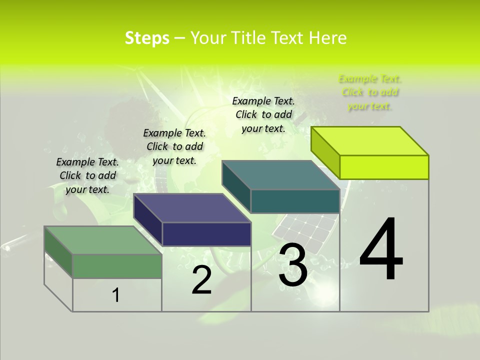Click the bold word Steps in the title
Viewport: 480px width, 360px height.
point(147,38)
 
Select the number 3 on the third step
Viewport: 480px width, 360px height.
point(293,265)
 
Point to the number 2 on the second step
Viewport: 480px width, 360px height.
point(201,280)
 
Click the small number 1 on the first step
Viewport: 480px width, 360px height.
point(116,295)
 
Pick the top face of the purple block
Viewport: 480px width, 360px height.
point(192,208)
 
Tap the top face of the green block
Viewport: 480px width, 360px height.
point(103,240)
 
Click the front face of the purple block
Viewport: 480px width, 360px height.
point(206,234)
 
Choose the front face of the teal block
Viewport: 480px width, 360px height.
point(295,201)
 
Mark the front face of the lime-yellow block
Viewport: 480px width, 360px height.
point(384,167)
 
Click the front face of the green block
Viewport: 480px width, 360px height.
point(117,266)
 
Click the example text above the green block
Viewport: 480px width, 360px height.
point(87,175)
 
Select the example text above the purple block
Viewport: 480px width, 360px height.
point(174,146)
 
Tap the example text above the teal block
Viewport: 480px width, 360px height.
point(263,114)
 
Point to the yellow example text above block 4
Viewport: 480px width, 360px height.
point(370,92)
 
